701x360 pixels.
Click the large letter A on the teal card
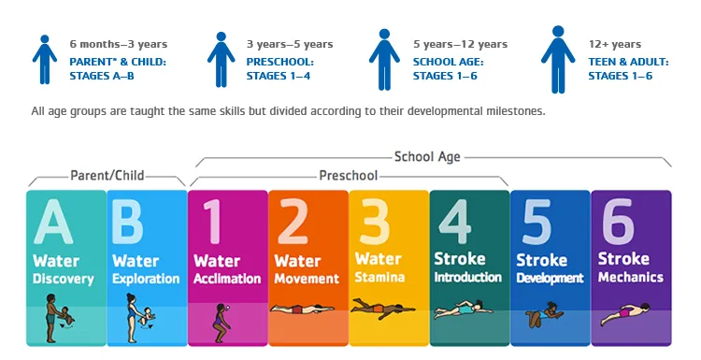click(x=53, y=223)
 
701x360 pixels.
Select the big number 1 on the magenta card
click(x=213, y=223)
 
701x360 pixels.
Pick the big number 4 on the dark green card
click(x=456, y=223)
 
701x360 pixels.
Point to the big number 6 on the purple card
click(x=618, y=223)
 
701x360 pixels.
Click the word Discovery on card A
click(x=64, y=279)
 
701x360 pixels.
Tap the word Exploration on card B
click(x=146, y=279)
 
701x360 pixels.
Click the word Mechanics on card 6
click(x=630, y=277)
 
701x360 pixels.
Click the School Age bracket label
click(x=427, y=157)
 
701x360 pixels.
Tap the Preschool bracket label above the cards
click(x=348, y=175)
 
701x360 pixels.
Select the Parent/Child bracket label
click(x=107, y=175)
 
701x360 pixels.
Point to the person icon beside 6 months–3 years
click(x=43, y=59)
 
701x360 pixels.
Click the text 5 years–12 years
click(x=460, y=44)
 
